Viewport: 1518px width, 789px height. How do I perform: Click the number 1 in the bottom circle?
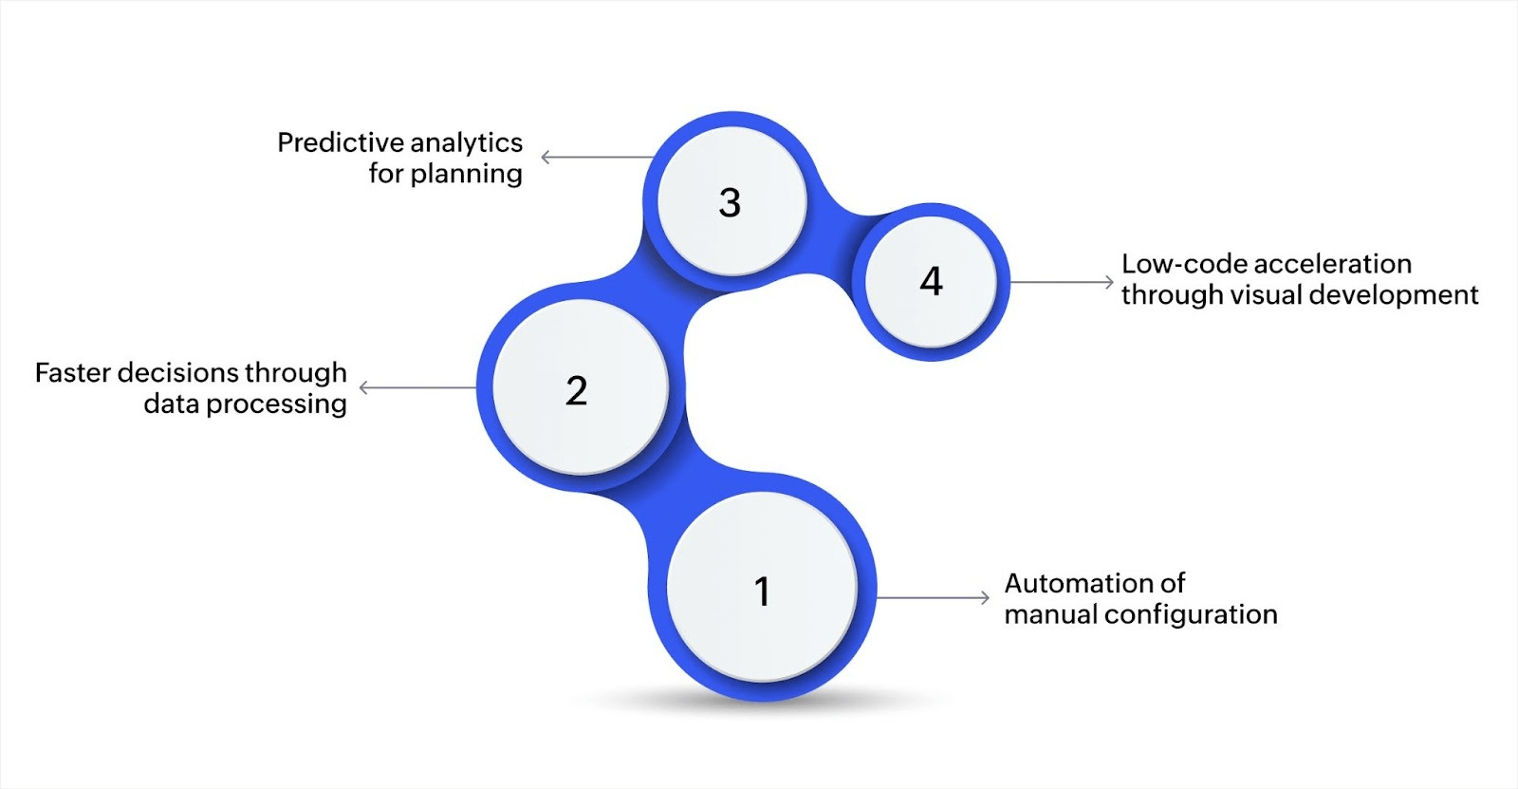(761, 592)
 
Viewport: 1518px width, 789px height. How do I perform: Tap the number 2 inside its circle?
(576, 390)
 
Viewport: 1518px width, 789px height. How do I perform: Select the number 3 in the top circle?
(729, 202)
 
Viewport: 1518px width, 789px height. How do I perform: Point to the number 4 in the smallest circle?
(931, 281)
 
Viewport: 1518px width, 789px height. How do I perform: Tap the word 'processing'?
(276, 404)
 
